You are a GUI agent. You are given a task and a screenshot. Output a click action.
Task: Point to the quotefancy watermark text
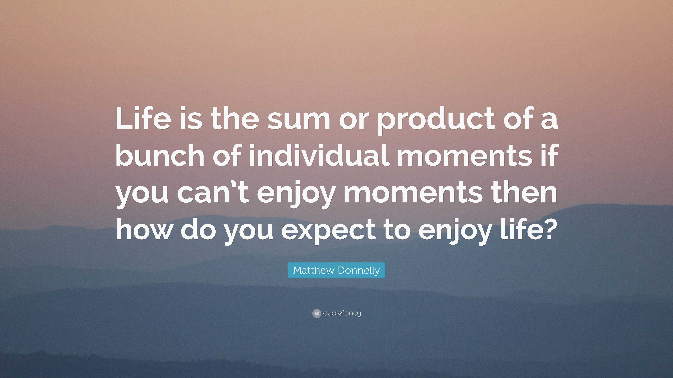[x=342, y=313]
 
